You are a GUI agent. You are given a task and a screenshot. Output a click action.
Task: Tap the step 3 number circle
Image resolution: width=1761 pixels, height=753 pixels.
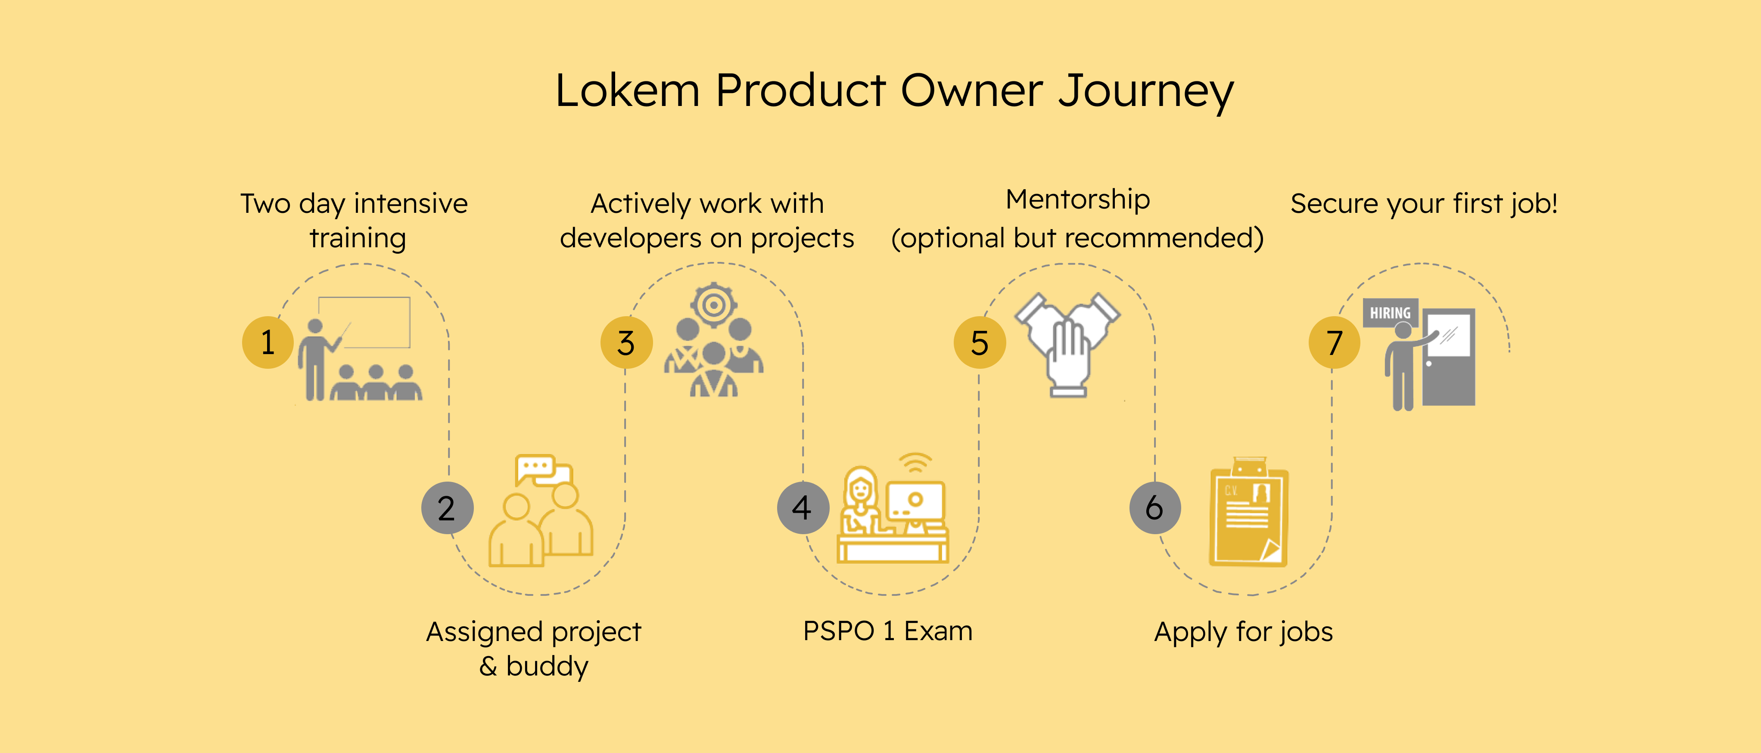[626, 342]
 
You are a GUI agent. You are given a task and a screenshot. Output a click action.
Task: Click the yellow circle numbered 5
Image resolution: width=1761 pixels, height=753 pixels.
[980, 342]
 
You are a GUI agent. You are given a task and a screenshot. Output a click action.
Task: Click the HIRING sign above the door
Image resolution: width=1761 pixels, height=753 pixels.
[1390, 313]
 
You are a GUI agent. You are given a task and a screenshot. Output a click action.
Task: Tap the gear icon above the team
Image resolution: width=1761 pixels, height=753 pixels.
[713, 305]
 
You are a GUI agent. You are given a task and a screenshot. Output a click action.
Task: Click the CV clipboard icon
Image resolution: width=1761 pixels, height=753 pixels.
[1248, 513]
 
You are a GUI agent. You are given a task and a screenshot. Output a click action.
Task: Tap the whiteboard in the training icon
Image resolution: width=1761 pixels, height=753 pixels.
[365, 321]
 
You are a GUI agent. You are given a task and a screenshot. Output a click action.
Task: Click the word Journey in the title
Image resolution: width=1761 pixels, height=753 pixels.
[1146, 91]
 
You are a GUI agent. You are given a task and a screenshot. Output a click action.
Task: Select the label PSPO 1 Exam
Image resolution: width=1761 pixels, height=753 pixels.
[887, 631]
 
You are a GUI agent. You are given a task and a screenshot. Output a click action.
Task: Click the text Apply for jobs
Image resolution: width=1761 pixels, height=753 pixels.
[1243, 632]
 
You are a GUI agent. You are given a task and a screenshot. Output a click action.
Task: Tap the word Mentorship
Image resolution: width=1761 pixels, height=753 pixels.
[1077, 200]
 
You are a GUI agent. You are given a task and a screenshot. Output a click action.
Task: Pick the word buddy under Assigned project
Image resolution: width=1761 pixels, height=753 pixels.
[547, 666]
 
